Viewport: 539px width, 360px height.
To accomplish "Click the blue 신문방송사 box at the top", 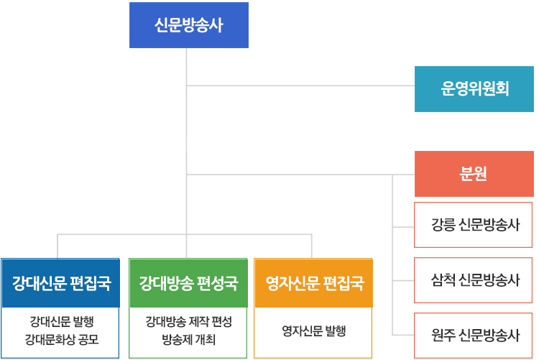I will [x=189, y=25].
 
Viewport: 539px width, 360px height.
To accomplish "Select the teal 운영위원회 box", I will [x=474, y=89].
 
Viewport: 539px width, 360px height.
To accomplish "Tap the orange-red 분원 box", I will [x=474, y=174].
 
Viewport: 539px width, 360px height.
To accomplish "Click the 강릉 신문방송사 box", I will [x=474, y=224].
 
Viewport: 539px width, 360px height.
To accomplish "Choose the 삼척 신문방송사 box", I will [x=474, y=280].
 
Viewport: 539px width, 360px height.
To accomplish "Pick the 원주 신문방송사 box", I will [x=474, y=334].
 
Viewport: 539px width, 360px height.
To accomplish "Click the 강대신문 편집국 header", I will [x=60, y=282].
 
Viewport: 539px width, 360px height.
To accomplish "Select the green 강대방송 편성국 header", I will [x=188, y=282].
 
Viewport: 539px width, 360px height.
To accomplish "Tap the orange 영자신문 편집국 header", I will [x=314, y=282].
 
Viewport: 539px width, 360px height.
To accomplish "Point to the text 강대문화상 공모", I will [x=61, y=338].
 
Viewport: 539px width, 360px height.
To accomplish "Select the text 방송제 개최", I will [x=188, y=338].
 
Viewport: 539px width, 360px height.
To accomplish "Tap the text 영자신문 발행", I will [x=314, y=331].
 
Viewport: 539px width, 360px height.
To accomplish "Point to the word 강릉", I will [x=443, y=224].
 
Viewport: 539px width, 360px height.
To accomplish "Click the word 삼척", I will [x=443, y=280].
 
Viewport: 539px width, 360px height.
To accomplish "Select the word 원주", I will [x=443, y=334].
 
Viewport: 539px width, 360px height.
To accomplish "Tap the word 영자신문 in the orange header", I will [x=294, y=282].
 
